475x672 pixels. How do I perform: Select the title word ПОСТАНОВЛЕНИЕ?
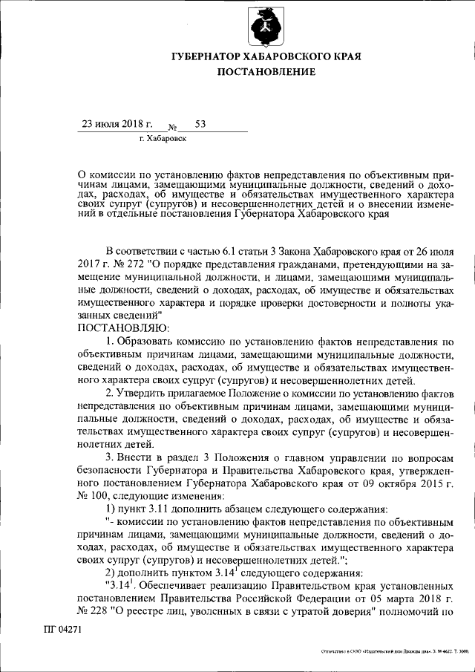tap(266, 72)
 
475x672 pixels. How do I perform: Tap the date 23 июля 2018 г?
tap(117, 123)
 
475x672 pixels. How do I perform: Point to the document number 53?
tap(200, 123)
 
